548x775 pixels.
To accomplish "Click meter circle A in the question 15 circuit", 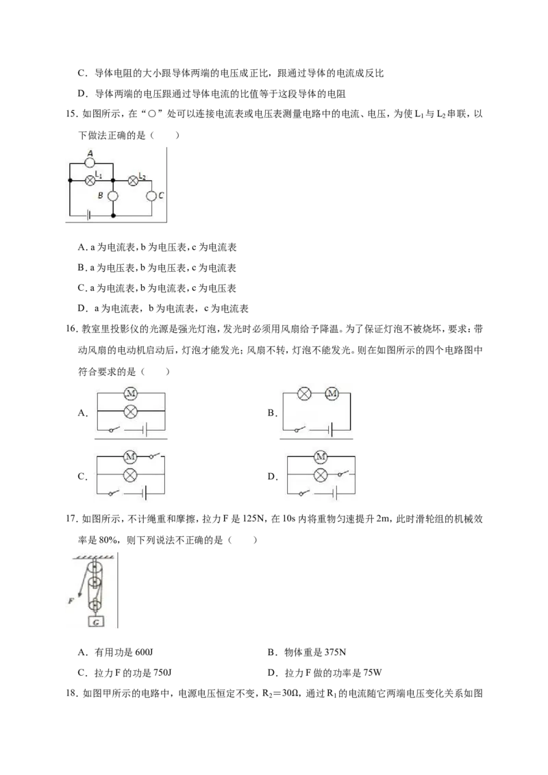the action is coord(90,162).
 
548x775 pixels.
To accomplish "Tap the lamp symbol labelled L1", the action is coord(90,181).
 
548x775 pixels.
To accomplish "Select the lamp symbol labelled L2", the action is coord(133,181).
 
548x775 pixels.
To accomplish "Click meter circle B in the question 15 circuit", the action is coord(113,196).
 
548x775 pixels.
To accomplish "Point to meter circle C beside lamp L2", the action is coord(151,196).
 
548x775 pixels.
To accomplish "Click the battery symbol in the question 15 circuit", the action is coord(88,215).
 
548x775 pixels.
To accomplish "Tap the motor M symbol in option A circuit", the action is coord(131,394).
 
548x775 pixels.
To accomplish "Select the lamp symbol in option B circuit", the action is coord(304,394).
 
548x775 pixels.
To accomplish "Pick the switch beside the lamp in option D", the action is coord(345,474).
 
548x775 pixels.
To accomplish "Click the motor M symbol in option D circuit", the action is coord(321,456).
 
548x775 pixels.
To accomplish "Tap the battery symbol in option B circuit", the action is coord(330,430).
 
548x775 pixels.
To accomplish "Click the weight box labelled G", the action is coord(96,622).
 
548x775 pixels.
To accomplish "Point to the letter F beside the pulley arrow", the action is coord(71,600).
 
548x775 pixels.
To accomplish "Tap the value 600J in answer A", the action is coord(144,652).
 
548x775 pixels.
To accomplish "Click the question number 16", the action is coord(71,329).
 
